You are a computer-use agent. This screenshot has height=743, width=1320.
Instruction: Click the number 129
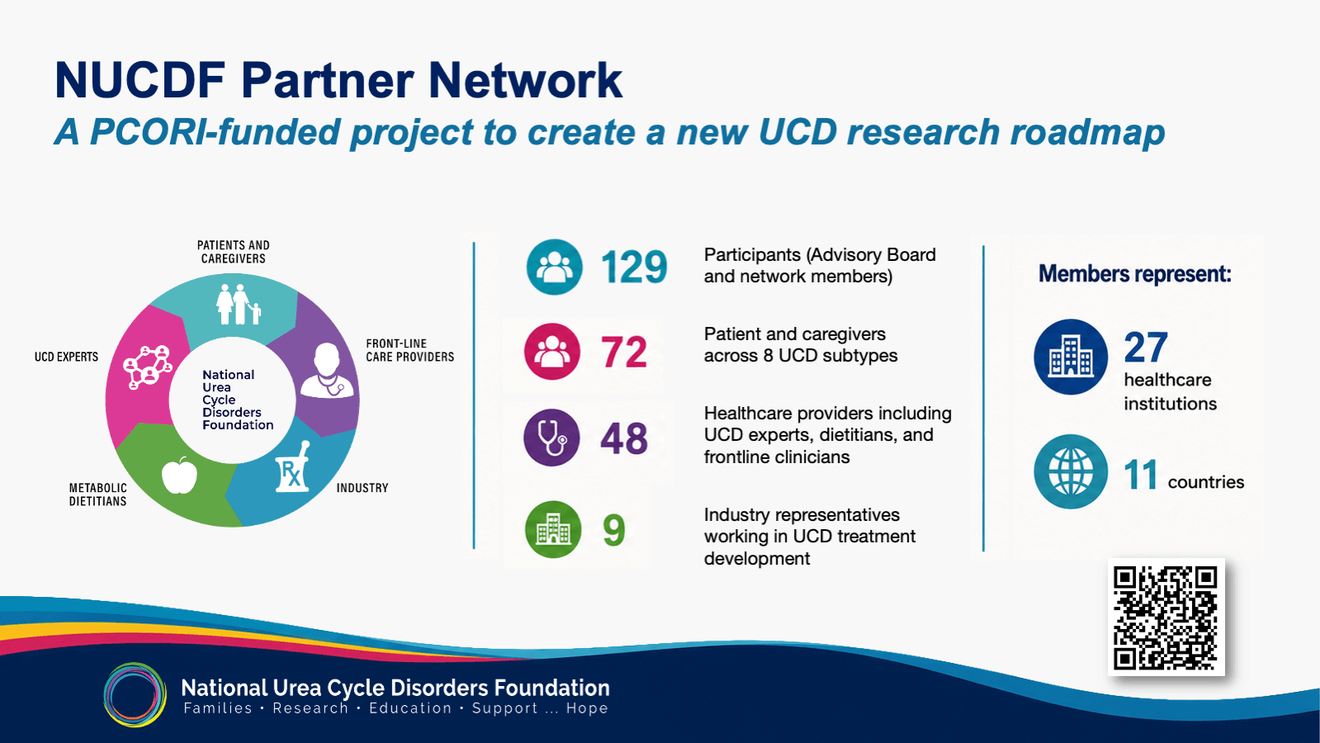click(x=634, y=267)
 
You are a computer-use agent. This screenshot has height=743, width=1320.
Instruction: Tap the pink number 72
click(x=624, y=352)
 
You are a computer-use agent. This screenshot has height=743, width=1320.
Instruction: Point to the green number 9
click(x=613, y=530)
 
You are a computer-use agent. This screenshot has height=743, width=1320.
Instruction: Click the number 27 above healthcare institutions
click(x=1146, y=347)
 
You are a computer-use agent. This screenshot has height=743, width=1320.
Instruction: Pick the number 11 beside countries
click(x=1140, y=475)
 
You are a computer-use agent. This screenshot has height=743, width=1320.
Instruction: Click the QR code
click(x=1166, y=617)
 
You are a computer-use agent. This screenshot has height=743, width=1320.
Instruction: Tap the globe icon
click(x=1070, y=471)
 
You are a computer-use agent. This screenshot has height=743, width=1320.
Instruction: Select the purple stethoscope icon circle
click(x=551, y=438)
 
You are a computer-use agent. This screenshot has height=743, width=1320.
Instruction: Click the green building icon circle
click(x=553, y=529)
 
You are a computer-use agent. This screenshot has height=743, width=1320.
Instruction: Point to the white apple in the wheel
click(x=179, y=475)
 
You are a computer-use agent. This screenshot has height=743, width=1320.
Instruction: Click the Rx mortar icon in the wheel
click(x=292, y=466)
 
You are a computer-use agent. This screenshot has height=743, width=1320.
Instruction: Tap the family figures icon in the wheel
click(x=238, y=304)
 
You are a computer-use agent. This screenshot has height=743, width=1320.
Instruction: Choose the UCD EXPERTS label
click(x=67, y=357)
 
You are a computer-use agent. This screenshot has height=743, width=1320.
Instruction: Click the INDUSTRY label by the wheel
click(x=362, y=488)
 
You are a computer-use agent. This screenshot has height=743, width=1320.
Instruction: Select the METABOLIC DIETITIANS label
click(x=97, y=495)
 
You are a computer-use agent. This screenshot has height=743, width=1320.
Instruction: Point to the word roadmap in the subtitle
click(x=1087, y=132)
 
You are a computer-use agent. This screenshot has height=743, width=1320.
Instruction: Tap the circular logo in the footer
click(x=135, y=694)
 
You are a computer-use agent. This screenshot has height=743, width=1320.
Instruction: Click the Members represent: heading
click(x=1135, y=274)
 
